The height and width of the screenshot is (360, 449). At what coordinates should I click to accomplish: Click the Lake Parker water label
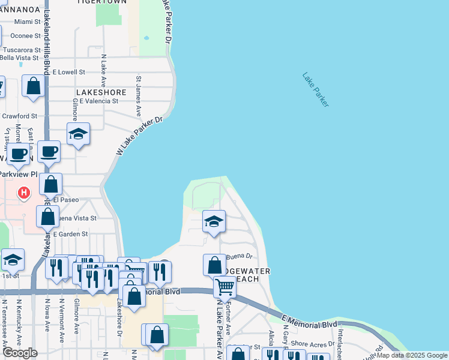pos(316,90)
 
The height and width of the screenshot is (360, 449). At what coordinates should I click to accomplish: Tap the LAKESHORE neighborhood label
pos(101,92)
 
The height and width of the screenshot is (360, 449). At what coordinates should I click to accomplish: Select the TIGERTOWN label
pos(101,2)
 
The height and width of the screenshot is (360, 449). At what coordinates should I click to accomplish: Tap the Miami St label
pos(27,22)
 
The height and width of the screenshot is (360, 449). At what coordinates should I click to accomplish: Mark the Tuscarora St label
pos(20,50)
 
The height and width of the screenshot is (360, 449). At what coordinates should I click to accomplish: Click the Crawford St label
pos(19,116)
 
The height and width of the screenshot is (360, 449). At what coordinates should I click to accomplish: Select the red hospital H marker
pos(23,193)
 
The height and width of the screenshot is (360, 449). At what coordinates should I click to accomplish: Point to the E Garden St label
pos(70,234)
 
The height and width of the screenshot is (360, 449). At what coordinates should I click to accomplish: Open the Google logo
pos(20,353)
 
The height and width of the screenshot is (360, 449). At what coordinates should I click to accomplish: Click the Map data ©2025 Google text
pos(412,355)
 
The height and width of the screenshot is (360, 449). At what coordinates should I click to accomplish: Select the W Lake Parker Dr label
pos(139,136)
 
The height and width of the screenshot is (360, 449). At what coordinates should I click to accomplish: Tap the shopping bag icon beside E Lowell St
pos(34,86)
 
